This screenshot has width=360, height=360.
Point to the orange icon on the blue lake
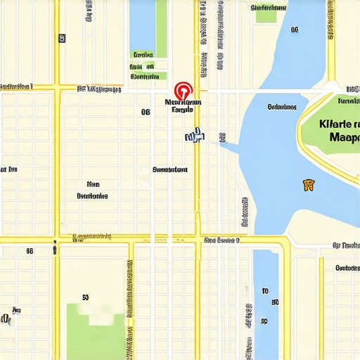coord(308,185)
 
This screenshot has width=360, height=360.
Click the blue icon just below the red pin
coord(193,135)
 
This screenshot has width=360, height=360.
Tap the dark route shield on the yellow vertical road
coord(55,248)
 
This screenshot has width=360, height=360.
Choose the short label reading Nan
coord(92,184)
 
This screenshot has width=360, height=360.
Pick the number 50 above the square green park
coord(85,297)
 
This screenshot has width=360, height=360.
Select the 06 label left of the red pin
coord(146,112)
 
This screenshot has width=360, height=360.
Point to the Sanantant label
coord(170,169)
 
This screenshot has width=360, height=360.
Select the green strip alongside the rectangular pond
coord(162,28)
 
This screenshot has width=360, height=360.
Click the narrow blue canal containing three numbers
coord(265,302)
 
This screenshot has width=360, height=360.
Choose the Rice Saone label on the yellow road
coord(221,240)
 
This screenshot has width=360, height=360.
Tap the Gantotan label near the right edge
coord(347,268)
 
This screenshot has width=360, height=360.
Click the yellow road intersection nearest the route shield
coord(57,239)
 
